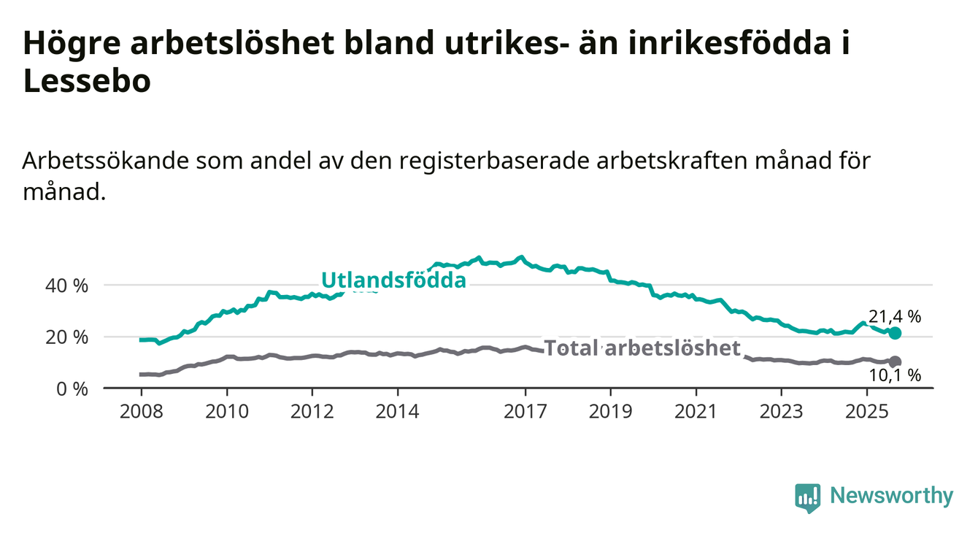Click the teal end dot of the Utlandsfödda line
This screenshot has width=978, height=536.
pyautogui.click(x=896, y=333)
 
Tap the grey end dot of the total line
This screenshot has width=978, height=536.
pyautogui.click(x=896, y=361)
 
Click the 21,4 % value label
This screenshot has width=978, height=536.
pyautogui.click(x=895, y=317)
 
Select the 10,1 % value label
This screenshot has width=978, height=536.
pyautogui.click(x=895, y=376)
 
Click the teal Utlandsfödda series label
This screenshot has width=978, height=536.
pyautogui.click(x=393, y=280)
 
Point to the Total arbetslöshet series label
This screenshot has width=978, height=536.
pyautogui.click(x=643, y=348)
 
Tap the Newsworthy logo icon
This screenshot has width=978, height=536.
pyautogui.click(x=808, y=497)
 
